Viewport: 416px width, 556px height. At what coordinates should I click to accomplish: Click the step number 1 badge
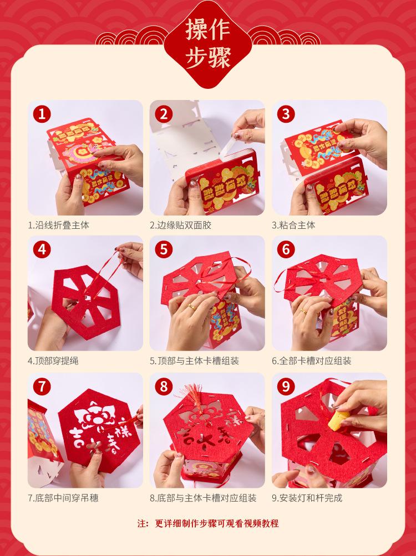click(42, 114)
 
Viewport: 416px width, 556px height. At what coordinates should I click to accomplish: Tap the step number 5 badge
click(164, 249)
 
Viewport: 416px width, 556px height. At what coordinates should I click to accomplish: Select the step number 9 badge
click(286, 387)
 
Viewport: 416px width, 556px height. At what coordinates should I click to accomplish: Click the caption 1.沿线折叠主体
click(58, 225)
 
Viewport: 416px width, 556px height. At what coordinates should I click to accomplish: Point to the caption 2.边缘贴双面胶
click(180, 225)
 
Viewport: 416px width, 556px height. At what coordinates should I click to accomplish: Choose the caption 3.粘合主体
click(293, 225)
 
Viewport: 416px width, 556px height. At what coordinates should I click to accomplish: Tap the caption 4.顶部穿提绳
click(53, 361)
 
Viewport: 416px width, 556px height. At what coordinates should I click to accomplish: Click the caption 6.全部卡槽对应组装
click(311, 361)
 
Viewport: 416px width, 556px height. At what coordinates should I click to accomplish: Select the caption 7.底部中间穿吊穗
click(63, 498)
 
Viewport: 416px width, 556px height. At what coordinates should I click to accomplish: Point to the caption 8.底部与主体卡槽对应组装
click(203, 498)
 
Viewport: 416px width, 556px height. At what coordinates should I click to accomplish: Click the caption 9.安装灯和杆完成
click(307, 498)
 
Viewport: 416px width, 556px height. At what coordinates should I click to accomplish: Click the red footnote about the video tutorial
click(208, 523)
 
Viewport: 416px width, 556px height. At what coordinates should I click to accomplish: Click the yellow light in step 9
click(338, 420)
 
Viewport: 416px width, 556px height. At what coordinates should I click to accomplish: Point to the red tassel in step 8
click(194, 397)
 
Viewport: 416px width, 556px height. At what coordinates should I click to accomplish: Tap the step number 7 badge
click(42, 387)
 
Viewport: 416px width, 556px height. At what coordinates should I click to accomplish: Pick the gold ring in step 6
click(304, 312)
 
